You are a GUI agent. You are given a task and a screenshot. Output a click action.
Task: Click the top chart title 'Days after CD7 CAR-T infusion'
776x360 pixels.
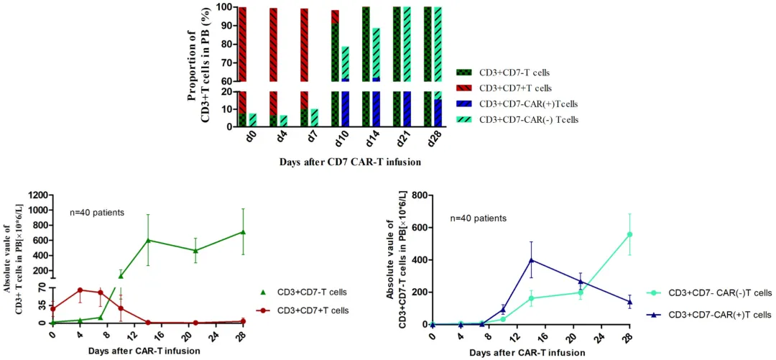tap(350, 162)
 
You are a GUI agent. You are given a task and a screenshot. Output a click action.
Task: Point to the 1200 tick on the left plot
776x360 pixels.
tap(37, 195)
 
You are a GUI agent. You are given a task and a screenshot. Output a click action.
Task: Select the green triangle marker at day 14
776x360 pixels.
tap(148, 240)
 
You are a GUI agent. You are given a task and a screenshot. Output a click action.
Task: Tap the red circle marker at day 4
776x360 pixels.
tap(80, 290)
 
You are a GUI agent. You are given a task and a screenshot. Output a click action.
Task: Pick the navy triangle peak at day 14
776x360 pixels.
tap(531, 260)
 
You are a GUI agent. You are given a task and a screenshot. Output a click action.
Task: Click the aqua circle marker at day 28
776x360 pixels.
tap(629, 234)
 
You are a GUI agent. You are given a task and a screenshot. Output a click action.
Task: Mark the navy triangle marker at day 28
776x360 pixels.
tap(629, 302)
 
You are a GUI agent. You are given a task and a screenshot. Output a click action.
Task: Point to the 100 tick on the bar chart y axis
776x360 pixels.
tap(223, 8)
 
